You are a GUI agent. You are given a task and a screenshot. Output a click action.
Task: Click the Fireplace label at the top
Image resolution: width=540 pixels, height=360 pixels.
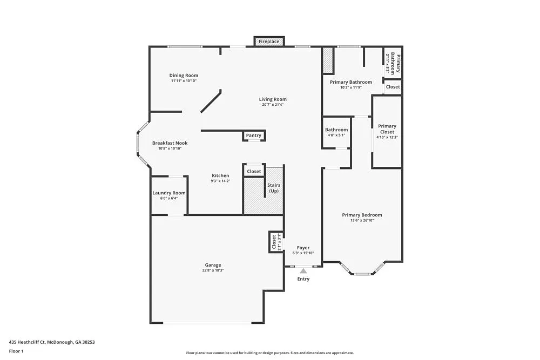click(269, 42)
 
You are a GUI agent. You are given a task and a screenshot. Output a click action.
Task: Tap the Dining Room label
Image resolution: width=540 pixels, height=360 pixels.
click(184, 76)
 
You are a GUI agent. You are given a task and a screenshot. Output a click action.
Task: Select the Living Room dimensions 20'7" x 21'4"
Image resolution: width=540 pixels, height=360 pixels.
click(273, 105)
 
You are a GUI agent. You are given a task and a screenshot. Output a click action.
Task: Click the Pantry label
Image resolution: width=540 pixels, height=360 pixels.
click(254, 135)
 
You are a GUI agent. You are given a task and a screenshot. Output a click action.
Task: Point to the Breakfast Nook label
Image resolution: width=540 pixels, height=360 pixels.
click(170, 143)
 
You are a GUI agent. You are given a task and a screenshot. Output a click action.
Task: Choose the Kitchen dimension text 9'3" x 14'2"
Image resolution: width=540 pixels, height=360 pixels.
click(220, 181)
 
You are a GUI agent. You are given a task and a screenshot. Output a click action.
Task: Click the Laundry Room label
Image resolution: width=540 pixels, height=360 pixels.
click(169, 193)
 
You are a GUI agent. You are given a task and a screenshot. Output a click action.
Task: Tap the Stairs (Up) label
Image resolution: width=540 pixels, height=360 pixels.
click(274, 188)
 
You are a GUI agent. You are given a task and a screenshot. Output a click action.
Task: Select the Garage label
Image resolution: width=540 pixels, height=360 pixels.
click(213, 265)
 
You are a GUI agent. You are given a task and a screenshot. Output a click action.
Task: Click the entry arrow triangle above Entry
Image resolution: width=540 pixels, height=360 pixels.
click(303, 271)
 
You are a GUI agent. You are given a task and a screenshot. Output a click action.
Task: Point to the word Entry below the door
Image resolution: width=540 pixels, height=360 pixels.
click(303, 279)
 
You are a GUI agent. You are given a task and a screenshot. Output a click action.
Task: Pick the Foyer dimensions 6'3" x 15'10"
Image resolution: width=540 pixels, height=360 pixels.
click(303, 253)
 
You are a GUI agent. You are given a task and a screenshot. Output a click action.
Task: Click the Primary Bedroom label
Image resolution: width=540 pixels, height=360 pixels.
click(362, 215)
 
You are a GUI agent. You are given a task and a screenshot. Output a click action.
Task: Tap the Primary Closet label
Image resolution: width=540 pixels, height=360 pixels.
click(387, 129)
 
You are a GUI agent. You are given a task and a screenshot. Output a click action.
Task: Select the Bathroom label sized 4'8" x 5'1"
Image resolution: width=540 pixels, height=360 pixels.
click(336, 130)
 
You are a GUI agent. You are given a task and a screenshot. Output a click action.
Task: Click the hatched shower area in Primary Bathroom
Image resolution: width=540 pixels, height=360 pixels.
click(327, 61)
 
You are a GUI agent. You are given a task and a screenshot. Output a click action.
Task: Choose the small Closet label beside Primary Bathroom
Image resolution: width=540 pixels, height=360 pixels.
click(393, 87)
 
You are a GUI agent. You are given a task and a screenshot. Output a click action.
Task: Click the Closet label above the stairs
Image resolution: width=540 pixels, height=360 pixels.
click(254, 172)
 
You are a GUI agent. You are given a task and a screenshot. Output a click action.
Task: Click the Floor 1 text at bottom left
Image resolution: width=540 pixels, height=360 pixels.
click(16, 351)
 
